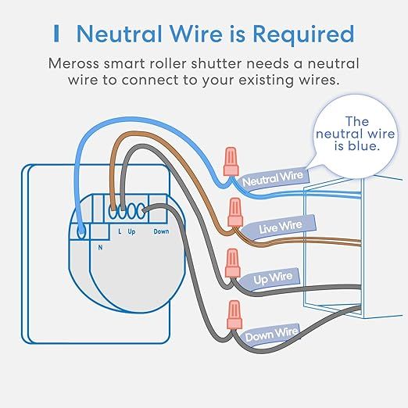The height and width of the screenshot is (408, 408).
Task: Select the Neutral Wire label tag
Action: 272,179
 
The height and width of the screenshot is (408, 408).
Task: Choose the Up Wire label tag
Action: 273,277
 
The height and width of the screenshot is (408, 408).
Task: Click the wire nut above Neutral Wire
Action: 231,161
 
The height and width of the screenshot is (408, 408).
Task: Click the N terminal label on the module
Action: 99,246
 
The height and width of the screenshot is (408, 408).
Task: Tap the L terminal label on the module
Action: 119,231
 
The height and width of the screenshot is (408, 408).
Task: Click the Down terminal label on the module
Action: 160,231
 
